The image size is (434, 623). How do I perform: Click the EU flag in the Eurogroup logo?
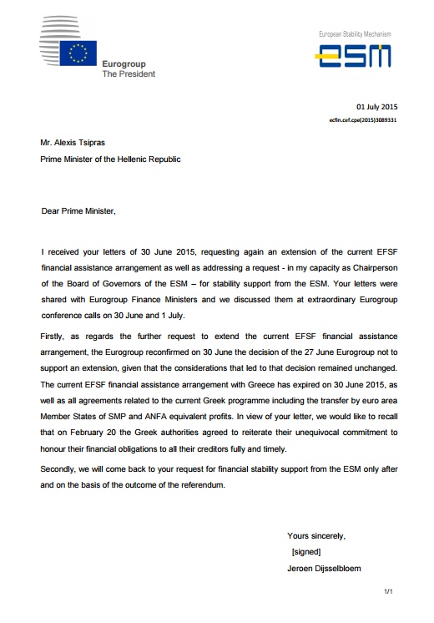click(78, 55)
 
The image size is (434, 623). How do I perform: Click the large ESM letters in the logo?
click(356, 57)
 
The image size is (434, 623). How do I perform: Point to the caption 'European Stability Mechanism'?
click(355, 33)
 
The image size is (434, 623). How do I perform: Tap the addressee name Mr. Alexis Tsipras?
click(77, 144)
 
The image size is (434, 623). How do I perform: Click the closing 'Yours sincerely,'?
click(316, 536)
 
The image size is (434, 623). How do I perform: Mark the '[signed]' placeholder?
click(306, 553)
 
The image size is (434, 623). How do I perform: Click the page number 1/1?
click(387, 591)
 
